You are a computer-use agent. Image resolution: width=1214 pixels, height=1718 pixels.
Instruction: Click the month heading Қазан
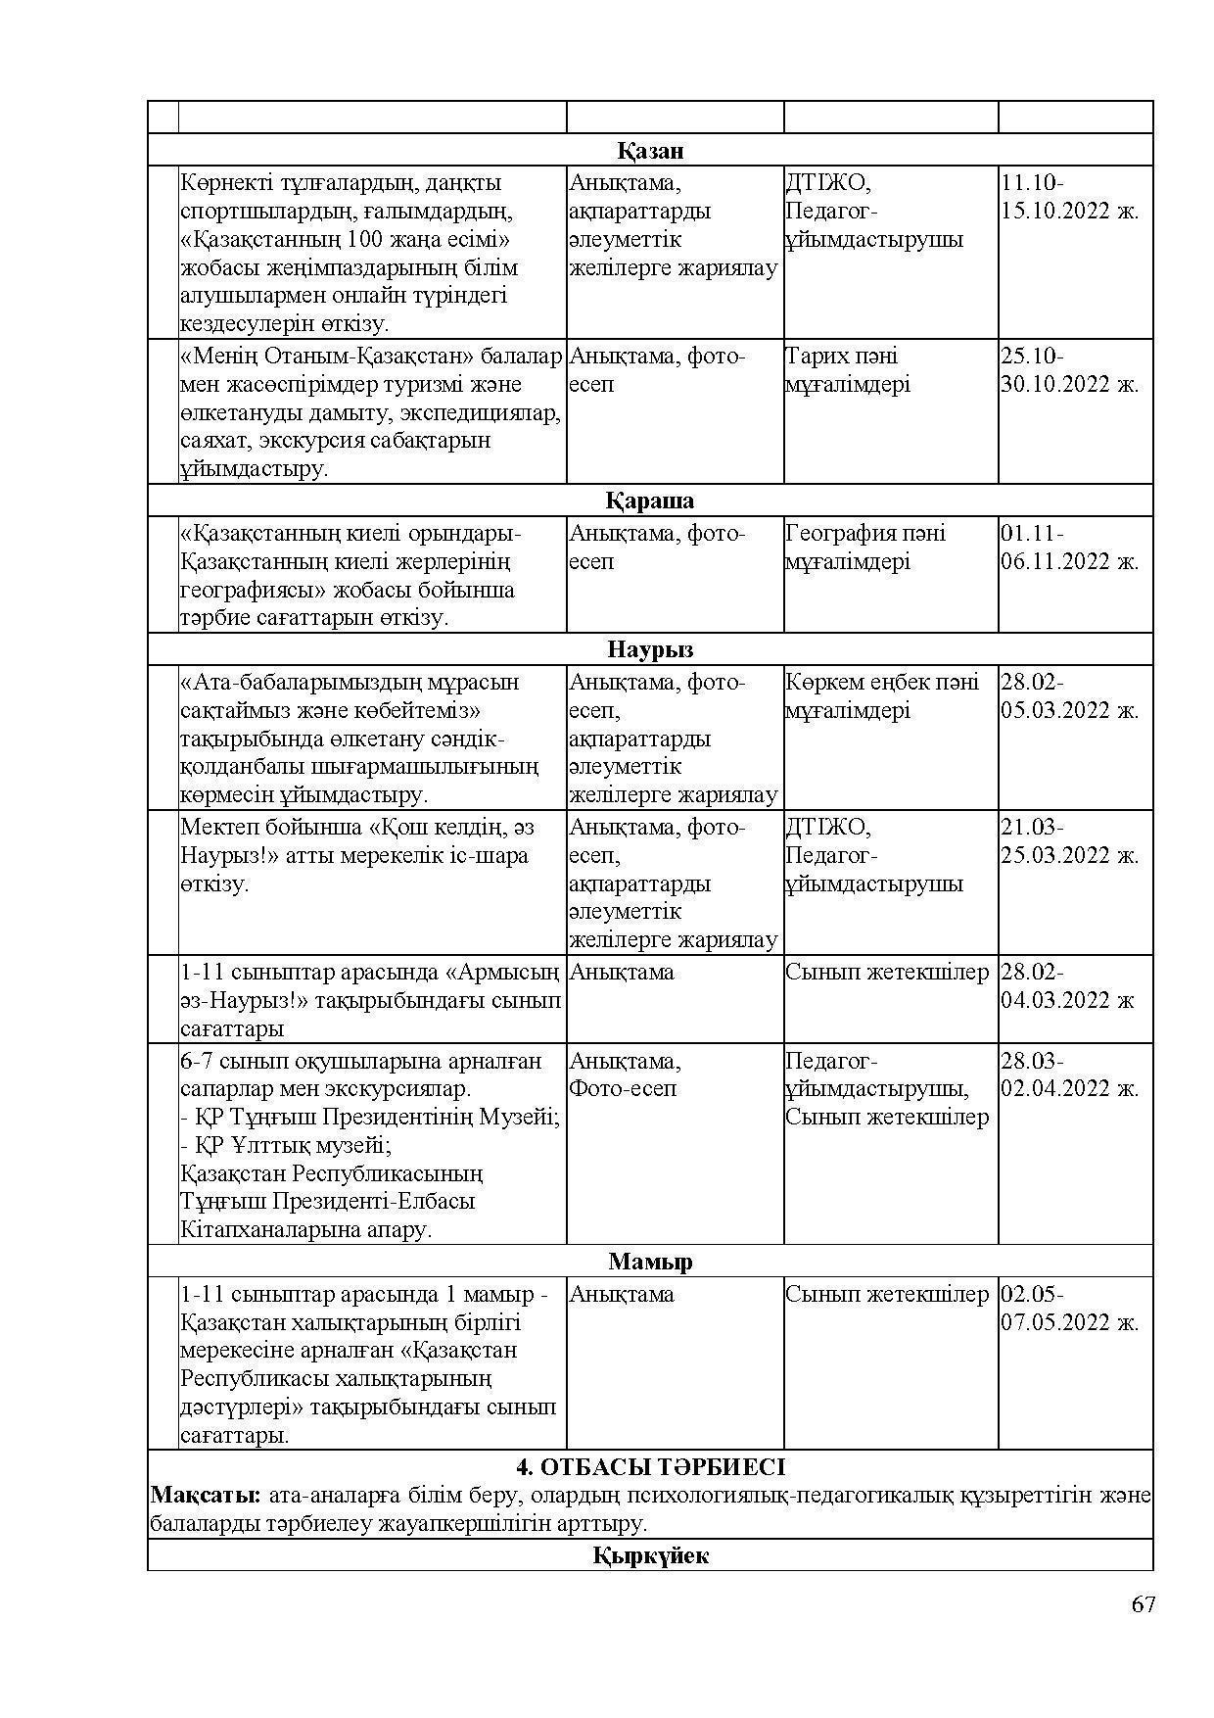click(x=650, y=151)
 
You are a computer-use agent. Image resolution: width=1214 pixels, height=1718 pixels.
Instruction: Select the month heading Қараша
click(x=650, y=501)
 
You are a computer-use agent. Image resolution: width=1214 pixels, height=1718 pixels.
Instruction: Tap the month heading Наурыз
click(x=650, y=650)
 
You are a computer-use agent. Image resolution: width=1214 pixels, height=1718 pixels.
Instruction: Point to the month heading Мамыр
click(x=650, y=1262)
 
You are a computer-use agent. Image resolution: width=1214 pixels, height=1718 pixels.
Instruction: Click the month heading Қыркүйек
click(x=650, y=1556)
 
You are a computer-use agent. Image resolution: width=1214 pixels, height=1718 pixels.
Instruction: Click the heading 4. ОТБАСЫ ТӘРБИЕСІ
click(x=650, y=1467)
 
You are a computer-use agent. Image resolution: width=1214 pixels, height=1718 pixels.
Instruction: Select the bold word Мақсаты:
click(x=206, y=1496)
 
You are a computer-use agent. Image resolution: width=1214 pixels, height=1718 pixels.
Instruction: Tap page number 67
click(x=1143, y=1604)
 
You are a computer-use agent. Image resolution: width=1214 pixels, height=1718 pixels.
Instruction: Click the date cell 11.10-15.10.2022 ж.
click(x=1069, y=197)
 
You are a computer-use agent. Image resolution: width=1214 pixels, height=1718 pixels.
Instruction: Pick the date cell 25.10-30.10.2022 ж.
click(x=1069, y=370)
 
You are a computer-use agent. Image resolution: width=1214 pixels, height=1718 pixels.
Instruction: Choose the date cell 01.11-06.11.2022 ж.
click(x=1069, y=548)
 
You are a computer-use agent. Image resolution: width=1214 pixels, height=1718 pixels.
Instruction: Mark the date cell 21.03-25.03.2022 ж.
click(x=1069, y=841)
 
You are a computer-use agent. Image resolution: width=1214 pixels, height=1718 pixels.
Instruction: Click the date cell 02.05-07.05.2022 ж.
click(x=1069, y=1309)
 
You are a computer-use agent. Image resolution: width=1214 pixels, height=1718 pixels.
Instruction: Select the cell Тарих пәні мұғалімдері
click(x=848, y=370)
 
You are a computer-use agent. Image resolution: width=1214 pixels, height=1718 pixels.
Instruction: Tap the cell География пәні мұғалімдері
click(x=865, y=548)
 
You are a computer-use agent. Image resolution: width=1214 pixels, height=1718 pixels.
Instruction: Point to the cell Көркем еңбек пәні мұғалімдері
click(x=881, y=695)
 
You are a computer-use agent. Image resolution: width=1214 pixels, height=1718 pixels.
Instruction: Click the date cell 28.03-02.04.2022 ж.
click(x=1069, y=1074)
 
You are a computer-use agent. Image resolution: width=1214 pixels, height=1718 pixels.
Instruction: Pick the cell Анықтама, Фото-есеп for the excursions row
click(x=625, y=1074)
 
